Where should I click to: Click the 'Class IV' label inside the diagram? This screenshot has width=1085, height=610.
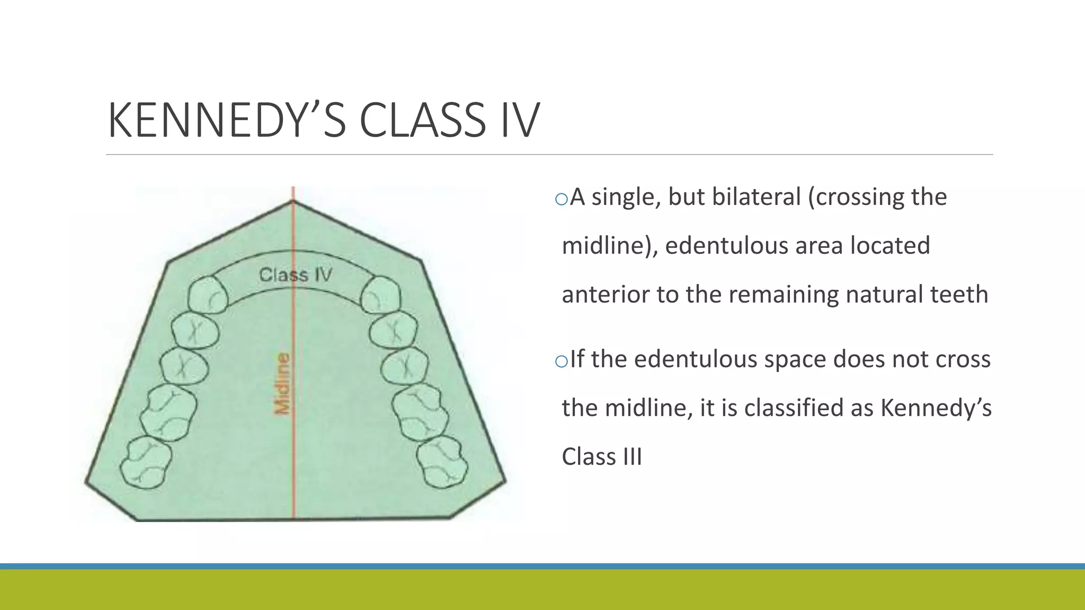295,275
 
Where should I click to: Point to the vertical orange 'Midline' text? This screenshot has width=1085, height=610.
283,383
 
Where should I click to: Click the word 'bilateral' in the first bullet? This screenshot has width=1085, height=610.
734,197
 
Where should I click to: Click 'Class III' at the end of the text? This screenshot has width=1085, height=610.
601,456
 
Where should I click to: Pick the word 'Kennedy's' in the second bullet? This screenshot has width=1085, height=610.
936,408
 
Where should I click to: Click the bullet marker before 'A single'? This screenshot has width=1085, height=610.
561,199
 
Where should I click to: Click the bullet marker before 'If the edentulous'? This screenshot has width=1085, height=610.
561,361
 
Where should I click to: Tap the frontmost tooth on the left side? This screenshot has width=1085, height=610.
208,295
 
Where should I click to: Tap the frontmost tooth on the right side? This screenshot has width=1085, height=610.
380,295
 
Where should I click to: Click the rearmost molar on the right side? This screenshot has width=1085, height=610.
442,462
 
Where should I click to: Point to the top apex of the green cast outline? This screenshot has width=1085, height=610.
293,201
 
